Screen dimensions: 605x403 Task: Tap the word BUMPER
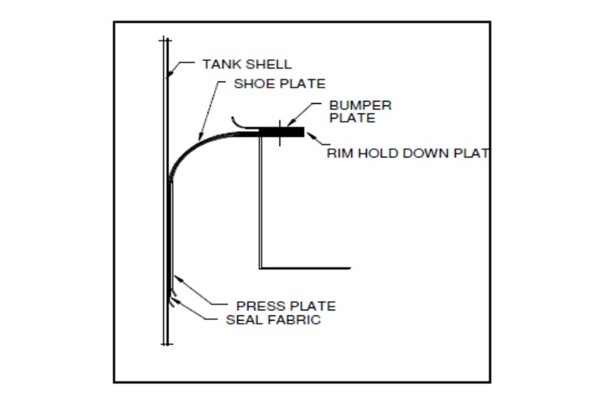click(360, 105)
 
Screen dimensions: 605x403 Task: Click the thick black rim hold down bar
click(281, 132)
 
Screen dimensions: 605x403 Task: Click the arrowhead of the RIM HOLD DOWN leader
click(310, 136)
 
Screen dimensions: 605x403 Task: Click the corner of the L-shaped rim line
click(260, 267)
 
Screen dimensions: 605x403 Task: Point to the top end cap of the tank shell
click(165, 40)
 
